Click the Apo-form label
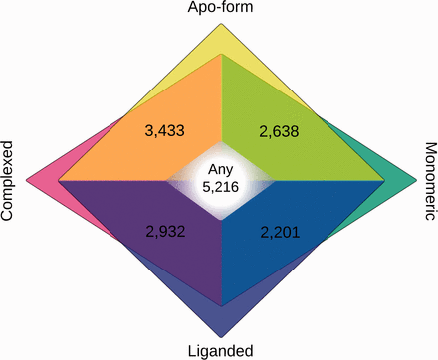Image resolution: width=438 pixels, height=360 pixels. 220,10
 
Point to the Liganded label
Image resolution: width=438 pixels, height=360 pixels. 220,349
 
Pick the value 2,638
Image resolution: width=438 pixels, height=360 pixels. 279,131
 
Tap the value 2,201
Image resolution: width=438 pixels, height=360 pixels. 279,232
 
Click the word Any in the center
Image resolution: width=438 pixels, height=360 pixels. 220,171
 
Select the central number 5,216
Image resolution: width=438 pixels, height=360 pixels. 220,186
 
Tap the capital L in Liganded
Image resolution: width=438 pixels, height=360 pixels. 191,349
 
